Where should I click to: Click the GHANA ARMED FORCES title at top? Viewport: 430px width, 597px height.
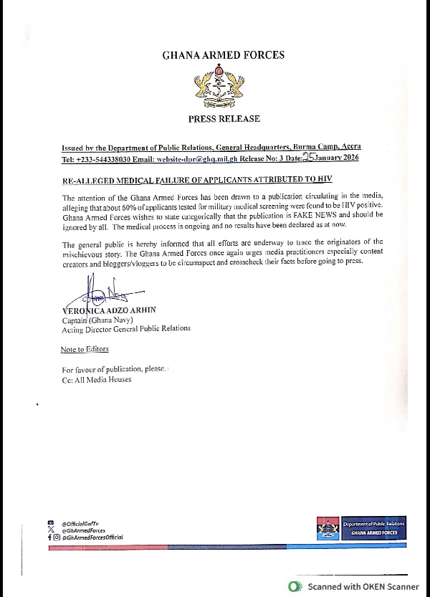coord(223,55)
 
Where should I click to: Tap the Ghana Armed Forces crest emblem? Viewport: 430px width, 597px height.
coord(223,86)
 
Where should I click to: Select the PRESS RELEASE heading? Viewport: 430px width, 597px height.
coord(224,119)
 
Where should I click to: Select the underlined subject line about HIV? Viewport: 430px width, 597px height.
coord(197,178)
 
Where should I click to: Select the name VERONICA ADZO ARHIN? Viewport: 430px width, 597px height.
coord(110,310)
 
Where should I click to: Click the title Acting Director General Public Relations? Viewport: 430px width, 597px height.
coord(126,328)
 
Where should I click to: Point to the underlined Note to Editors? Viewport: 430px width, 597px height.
coord(85,349)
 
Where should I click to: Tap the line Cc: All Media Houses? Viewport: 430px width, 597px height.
coord(97,379)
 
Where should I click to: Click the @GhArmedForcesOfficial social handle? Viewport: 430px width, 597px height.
coord(92,537)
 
